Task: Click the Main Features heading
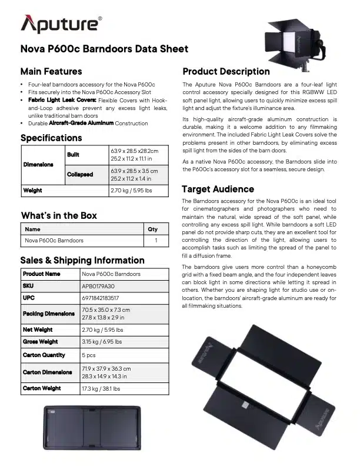pyautogui.click(x=51, y=72)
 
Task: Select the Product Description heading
pyautogui.click(x=226, y=72)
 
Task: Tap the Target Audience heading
pyautogui.click(x=218, y=189)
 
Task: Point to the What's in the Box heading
pyautogui.click(x=59, y=215)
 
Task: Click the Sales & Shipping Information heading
pyautogui.click(x=82, y=260)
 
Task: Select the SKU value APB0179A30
pyautogui.click(x=99, y=286)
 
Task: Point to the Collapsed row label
pyautogui.click(x=80, y=174)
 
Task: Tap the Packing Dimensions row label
pyautogui.click(x=49, y=314)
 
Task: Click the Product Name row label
pyautogui.click(x=41, y=274)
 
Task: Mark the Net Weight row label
pyautogui.click(x=38, y=330)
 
